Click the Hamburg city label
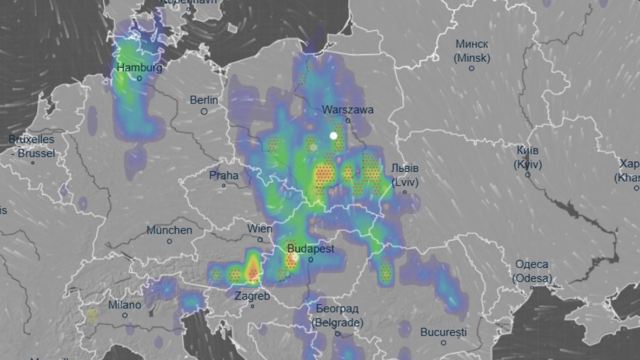click(139, 68)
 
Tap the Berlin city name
click(204, 100)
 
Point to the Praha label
click(224, 175)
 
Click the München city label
click(169, 230)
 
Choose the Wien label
click(260, 229)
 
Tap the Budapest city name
click(310, 249)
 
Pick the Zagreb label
click(252, 296)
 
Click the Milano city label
click(125, 305)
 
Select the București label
click(443, 332)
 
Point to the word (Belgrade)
click(337, 323)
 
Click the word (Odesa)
click(532, 278)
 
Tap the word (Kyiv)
click(527, 165)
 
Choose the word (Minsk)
click(471, 58)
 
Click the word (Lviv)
click(405, 182)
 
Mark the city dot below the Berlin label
click(204, 111)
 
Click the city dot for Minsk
click(471, 69)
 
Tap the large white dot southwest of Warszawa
click(334, 135)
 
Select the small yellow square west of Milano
click(92, 316)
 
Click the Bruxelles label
click(31, 139)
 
